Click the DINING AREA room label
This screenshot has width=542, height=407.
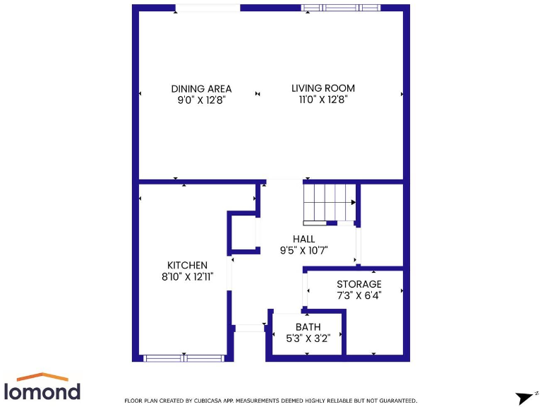pyautogui.click(x=201, y=89)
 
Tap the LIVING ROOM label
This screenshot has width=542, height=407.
pyautogui.click(x=323, y=88)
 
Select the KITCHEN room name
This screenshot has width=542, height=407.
pyautogui.click(x=187, y=265)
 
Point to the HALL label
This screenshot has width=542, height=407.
pyautogui.click(x=304, y=240)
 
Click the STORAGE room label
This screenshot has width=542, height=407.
pyautogui.click(x=359, y=284)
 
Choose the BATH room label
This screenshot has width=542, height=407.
pyautogui.click(x=308, y=326)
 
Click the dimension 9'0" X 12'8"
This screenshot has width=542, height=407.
pyautogui.click(x=201, y=100)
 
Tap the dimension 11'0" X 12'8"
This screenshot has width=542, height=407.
pyautogui.click(x=323, y=100)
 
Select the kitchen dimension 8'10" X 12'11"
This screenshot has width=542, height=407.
pyautogui.click(x=187, y=277)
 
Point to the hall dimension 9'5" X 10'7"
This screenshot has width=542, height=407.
pyautogui.click(x=304, y=250)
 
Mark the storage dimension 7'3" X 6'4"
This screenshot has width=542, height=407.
pyautogui.click(x=359, y=295)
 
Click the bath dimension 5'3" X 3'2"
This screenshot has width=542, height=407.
pyautogui.click(x=308, y=338)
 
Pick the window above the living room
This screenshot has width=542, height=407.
pyautogui.click(x=340, y=8)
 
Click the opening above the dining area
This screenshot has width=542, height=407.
pyautogui.click(x=207, y=8)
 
